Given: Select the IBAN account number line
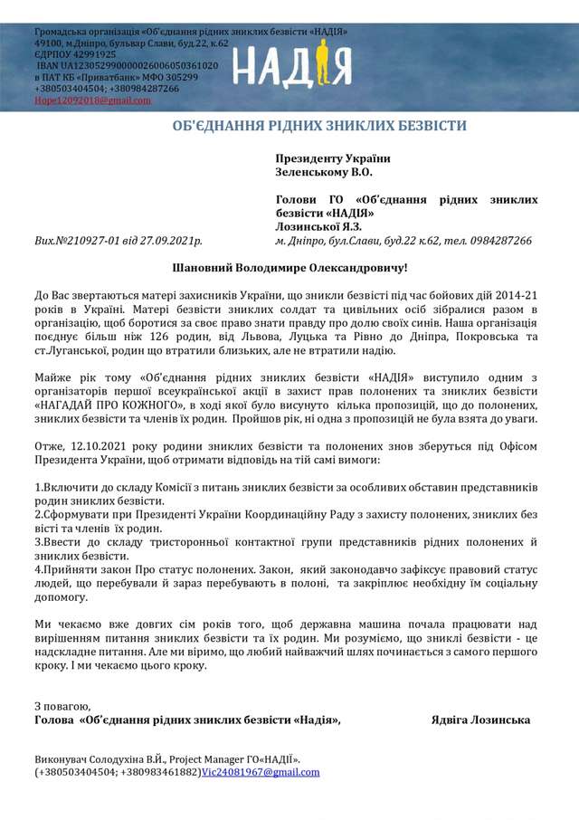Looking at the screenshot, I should [x=127, y=66].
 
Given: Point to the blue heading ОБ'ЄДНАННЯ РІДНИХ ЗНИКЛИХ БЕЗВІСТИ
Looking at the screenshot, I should [x=319, y=125].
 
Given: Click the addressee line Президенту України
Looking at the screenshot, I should [x=327, y=158].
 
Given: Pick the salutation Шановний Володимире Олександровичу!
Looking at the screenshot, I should [x=289, y=268].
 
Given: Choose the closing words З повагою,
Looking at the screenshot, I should [x=62, y=704].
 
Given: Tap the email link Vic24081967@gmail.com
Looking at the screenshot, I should [x=261, y=772].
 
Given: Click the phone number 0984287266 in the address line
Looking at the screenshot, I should [x=498, y=242].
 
